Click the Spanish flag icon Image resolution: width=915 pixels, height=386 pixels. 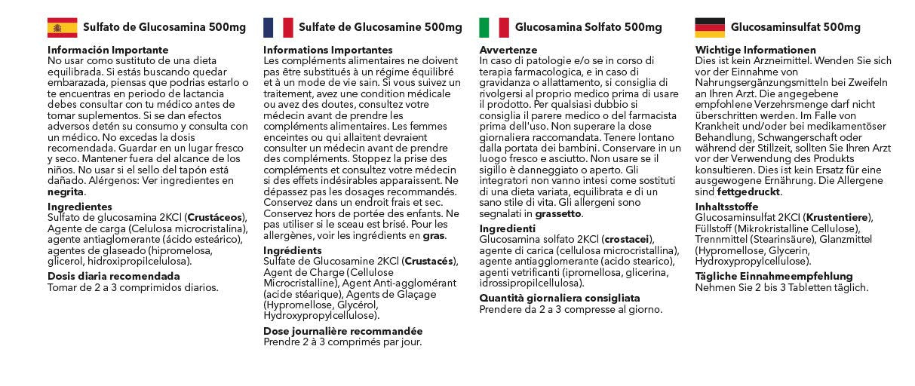(x=62, y=28)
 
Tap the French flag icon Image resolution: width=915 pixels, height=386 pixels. (x=278, y=28)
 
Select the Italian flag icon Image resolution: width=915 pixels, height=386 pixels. (x=494, y=28)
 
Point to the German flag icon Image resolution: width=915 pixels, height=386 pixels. (x=710, y=28)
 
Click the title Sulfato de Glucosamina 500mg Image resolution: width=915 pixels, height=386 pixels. (x=164, y=28)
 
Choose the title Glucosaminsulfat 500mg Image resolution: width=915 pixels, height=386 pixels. (x=795, y=28)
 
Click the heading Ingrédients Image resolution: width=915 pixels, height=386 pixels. (x=292, y=250)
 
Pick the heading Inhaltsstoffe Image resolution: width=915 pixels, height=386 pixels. (x=728, y=207)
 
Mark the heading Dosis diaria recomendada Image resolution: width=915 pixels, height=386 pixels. (x=113, y=276)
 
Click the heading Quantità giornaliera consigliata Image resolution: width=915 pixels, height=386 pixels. (x=559, y=298)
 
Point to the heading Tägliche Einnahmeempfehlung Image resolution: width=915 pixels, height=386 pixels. (x=773, y=276)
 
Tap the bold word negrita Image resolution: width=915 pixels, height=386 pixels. (x=66, y=191)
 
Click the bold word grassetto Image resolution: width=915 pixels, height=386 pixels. (x=558, y=213)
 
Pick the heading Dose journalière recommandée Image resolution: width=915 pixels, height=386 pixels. (x=342, y=331)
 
